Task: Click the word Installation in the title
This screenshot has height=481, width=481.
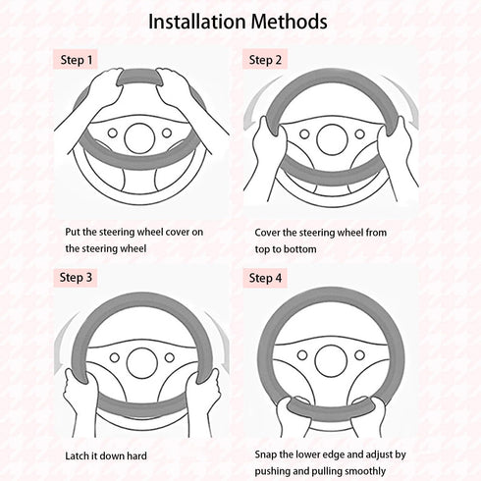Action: tap(196, 22)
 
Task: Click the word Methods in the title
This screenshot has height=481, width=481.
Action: tap(290, 22)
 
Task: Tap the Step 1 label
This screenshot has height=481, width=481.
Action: tap(77, 60)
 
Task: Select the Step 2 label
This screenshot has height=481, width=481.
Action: tap(265, 60)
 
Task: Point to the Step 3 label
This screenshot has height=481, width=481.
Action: tap(76, 278)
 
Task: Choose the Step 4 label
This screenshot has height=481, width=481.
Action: tap(265, 278)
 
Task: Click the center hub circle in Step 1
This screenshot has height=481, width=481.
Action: tap(139, 138)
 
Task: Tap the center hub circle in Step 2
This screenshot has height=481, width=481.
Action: tap(332, 139)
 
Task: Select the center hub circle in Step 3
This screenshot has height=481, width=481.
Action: tap(142, 363)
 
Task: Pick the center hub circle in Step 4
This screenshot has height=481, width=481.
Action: tap(331, 361)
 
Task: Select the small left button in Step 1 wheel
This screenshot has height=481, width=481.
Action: tap(113, 134)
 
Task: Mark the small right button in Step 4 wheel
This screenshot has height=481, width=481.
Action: tap(359, 355)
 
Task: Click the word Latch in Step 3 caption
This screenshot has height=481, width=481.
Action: tap(77, 455)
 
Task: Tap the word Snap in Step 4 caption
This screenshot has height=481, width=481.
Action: tap(266, 454)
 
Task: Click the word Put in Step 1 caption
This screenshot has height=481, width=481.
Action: tap(73, 232)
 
